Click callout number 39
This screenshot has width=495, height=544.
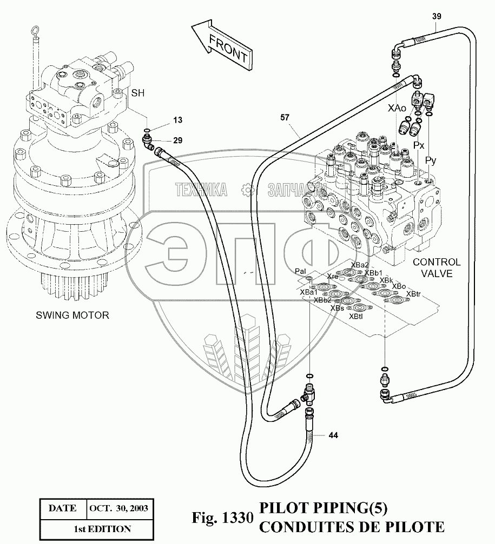[437, 16]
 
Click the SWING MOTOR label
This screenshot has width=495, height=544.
[72, 315]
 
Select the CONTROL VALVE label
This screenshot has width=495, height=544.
[437, 268]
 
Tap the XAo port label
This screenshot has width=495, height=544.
[397, 109]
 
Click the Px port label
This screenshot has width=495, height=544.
[419, 146]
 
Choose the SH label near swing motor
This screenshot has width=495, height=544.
[138, 93]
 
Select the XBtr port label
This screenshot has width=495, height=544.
[413, 294]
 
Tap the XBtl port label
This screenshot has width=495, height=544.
[356, 317]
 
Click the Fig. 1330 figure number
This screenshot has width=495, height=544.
[223, 518]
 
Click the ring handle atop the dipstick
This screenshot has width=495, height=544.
[36, 33]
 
